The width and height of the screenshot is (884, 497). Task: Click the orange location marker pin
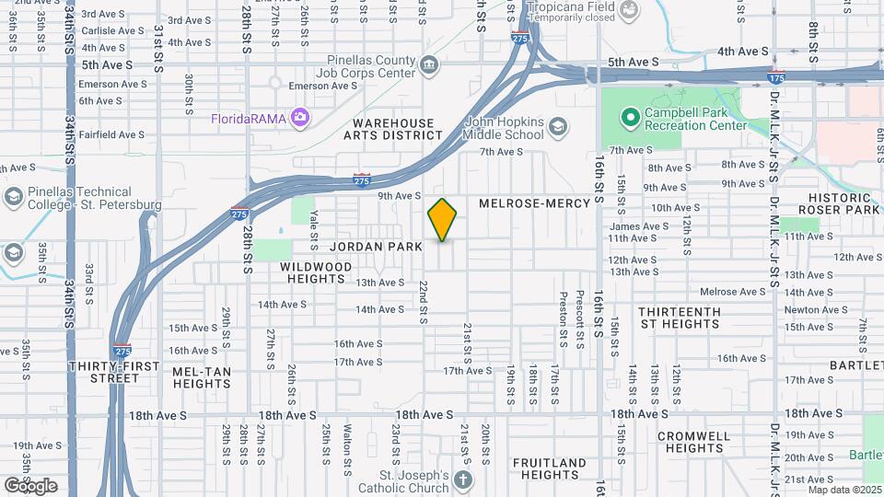point(443,219)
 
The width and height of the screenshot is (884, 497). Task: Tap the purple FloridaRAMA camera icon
point(298,117)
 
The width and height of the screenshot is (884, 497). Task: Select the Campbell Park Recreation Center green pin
point(630,118)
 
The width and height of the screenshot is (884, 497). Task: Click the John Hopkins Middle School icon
point(557,126)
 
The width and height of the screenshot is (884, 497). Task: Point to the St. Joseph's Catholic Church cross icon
point(462,480)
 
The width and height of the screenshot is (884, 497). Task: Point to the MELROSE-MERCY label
point(524,202)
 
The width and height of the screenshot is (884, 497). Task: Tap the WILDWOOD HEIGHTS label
point(316,272)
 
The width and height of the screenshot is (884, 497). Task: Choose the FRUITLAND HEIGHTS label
point(549,468)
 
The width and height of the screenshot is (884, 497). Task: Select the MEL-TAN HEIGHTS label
point(202,377)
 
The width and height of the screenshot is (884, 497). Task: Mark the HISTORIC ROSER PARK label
point(839,203)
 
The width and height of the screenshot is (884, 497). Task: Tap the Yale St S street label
point(314,222)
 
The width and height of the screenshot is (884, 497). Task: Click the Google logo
point(30,485)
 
